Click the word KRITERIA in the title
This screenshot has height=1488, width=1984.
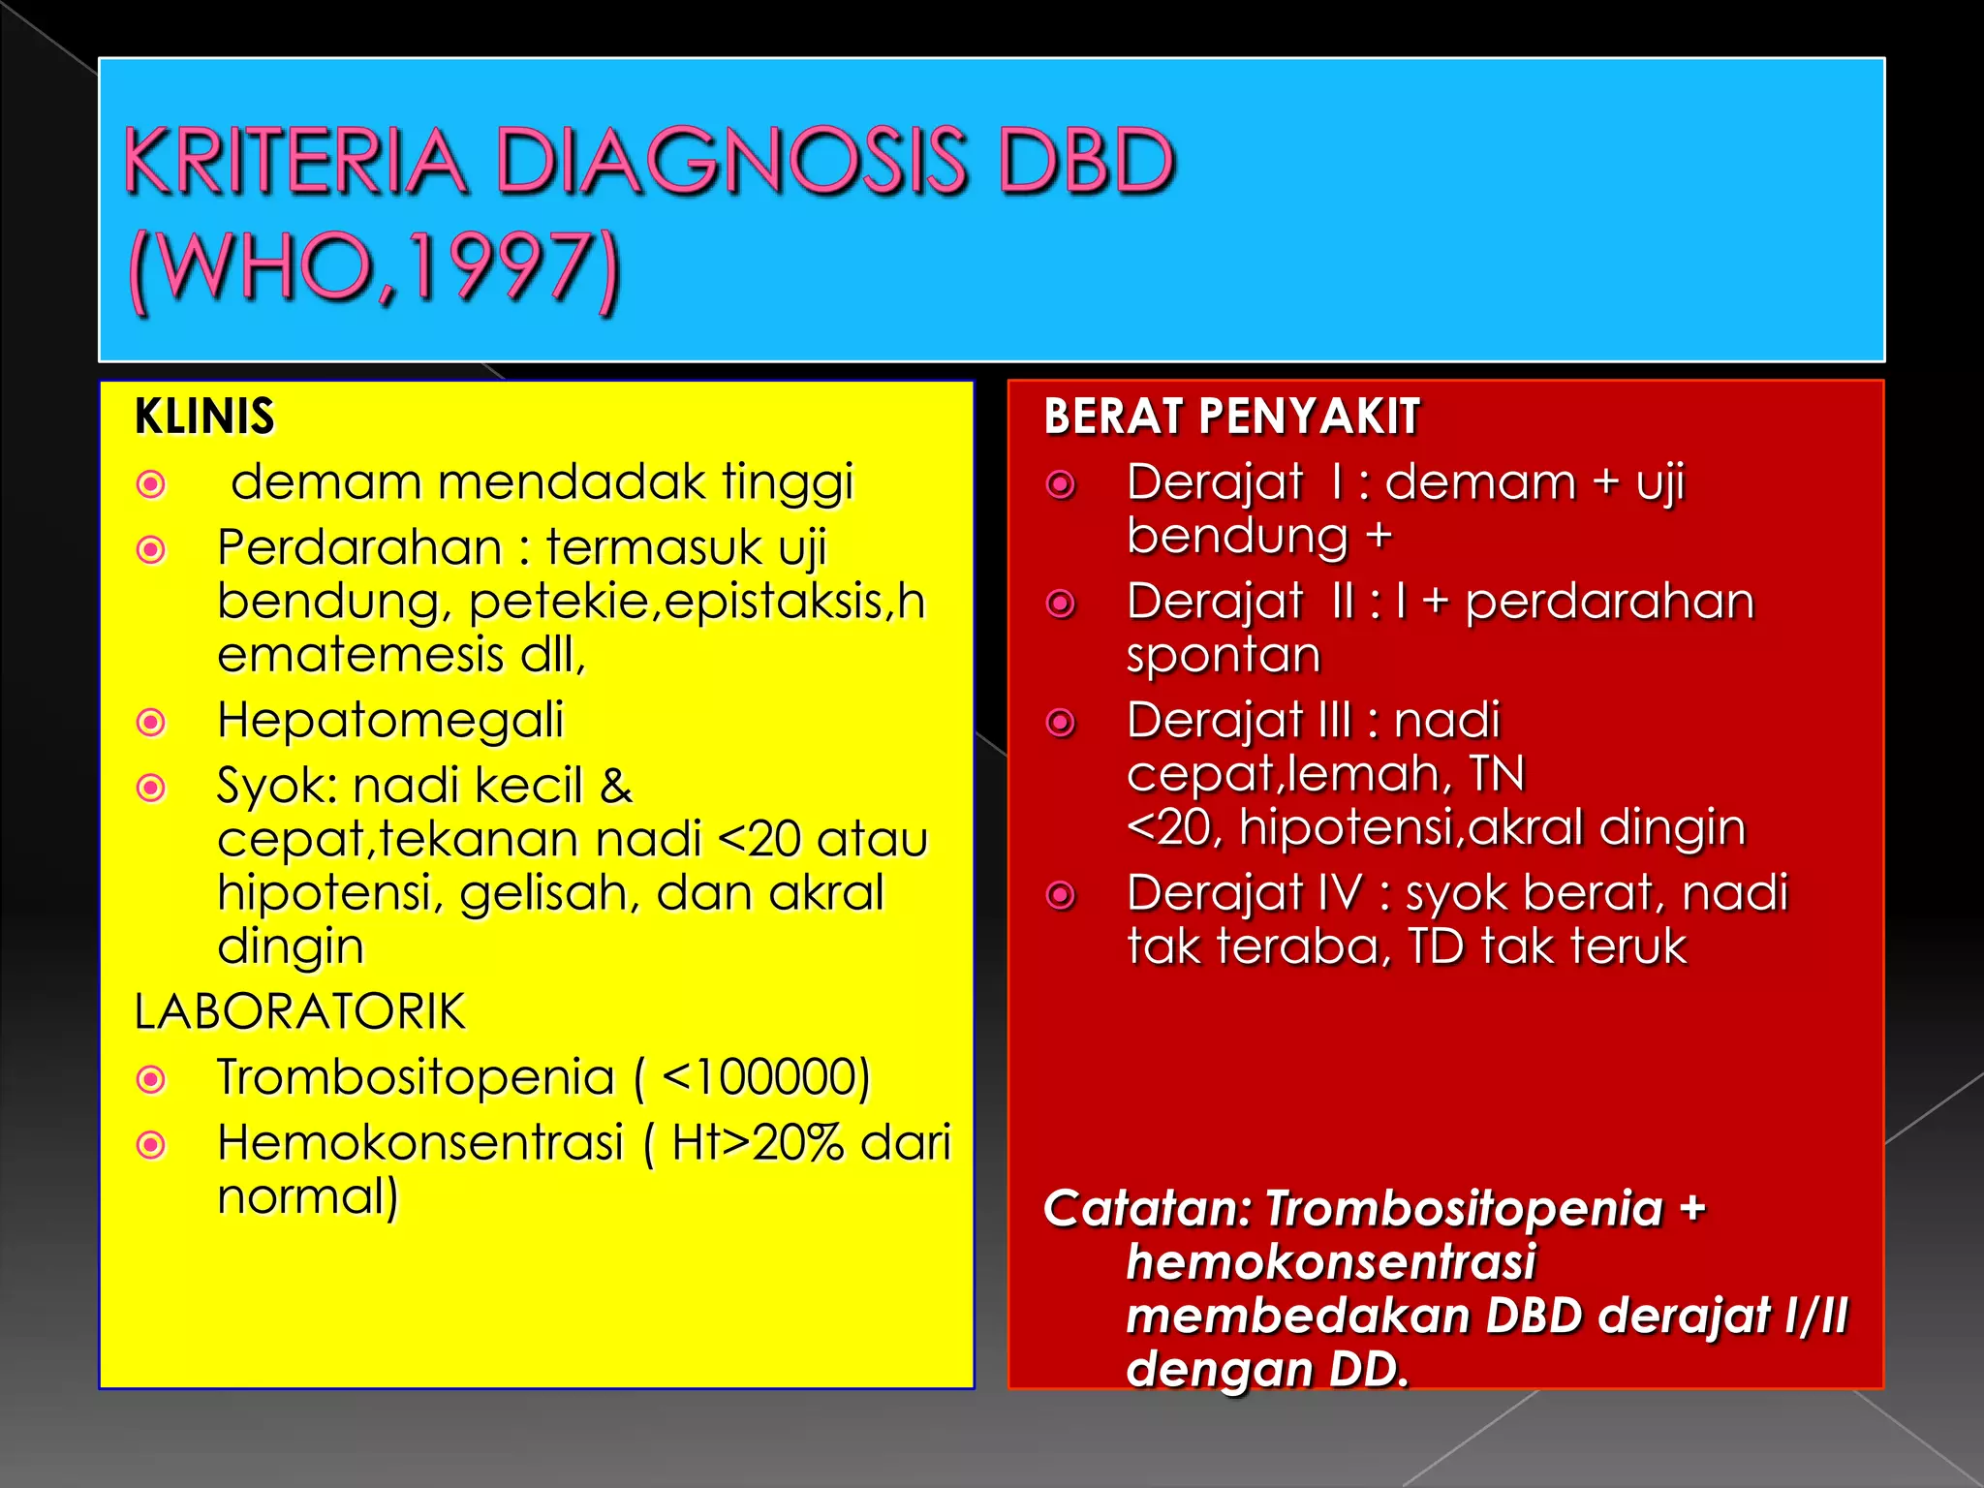295,161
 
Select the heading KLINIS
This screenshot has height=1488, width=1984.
204,417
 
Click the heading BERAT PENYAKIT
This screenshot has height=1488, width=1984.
1231,417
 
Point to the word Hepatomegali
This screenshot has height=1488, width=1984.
390,720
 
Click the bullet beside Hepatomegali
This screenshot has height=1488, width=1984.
151,722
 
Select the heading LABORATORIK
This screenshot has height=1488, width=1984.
299,1011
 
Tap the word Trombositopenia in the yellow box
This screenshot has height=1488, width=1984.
416,1076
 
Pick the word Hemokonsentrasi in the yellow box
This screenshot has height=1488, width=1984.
420,1142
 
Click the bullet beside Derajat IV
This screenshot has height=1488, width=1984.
1062,895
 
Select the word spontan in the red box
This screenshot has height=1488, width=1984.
1224,655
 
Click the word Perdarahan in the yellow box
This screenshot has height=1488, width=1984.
359,547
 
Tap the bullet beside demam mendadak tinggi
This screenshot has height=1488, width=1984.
151,483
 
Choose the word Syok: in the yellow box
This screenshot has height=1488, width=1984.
277,785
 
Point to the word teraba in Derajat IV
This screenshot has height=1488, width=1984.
1304,946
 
